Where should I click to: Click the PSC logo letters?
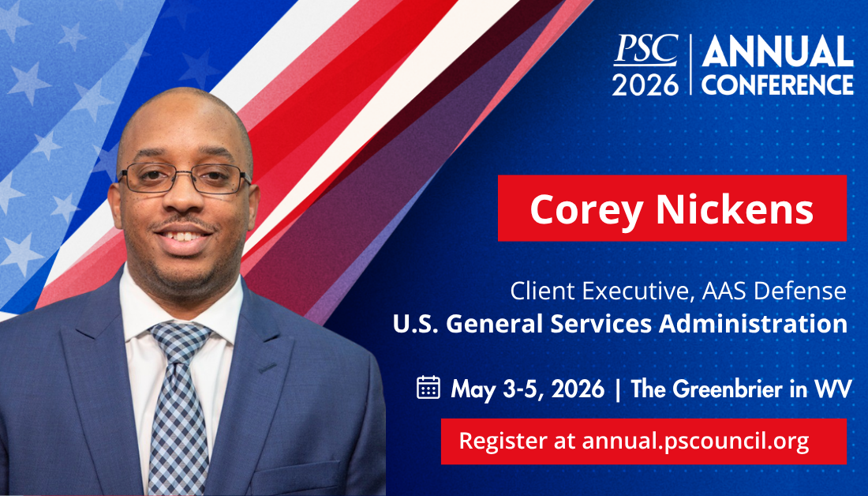645,50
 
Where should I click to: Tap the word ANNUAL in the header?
777,53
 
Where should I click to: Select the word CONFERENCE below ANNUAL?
777,85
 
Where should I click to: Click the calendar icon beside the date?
428,387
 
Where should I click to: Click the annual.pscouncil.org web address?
695,441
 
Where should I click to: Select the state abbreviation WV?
836,389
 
